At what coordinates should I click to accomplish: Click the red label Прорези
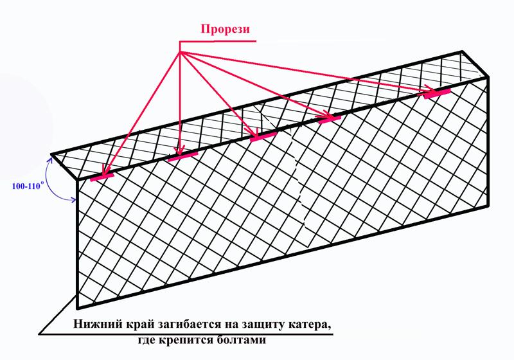coord(226,29)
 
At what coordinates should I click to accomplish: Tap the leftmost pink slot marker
coord(102,177)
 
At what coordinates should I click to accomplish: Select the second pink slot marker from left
coord(182,157)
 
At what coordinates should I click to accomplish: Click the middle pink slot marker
coord(263,137)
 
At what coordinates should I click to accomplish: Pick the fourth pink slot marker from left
coord(330,120)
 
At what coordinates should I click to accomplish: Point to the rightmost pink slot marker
coord(437,93)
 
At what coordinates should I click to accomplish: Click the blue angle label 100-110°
coord(28,186)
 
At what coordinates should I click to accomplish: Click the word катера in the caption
coord(307,325)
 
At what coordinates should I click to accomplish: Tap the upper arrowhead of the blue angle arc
coord(51,161)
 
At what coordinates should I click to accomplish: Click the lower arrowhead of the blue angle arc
coord(74,200)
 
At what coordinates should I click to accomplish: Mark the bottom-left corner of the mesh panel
coord(78,308)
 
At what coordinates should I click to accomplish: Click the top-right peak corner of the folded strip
coord(462,52)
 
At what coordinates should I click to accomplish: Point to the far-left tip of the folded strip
coord(52,154)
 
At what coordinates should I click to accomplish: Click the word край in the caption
coord(141,325)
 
